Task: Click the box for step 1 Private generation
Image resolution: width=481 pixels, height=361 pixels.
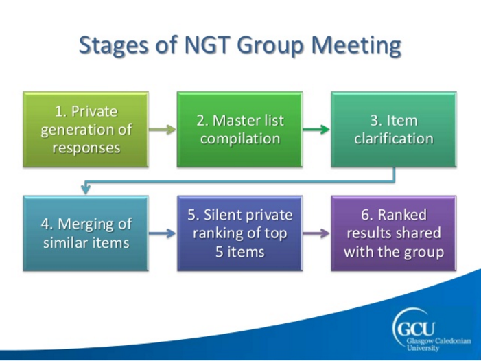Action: (86, 130)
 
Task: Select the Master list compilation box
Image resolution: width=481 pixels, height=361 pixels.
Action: (239, 130)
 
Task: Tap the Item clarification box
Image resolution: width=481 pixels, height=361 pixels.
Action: (394, 130)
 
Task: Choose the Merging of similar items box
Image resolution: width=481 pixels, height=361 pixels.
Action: (86, 233)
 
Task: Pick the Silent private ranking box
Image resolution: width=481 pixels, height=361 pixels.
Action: (239, 233)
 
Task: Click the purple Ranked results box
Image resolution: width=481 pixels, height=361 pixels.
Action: (394, 233)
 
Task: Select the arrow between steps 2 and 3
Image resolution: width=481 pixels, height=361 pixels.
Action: (316, 129)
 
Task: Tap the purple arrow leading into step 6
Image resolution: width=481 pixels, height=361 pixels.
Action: (316, 233)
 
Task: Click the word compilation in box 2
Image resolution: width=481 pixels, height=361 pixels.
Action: (239, 138)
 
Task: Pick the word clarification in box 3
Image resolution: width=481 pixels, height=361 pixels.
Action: (394, 138)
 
